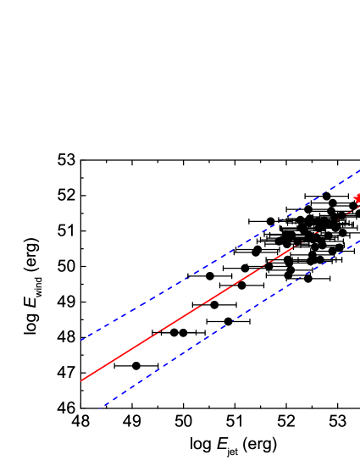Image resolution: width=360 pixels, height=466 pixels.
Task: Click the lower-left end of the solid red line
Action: coord(82,380)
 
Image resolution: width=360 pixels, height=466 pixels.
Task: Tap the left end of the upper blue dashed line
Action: coord(82,340)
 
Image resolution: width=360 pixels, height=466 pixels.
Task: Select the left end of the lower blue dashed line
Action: coord(99,408)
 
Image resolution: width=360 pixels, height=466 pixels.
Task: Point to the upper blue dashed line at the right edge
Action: coord(358,170)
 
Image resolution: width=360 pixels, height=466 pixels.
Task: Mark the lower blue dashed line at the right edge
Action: coord(358,241)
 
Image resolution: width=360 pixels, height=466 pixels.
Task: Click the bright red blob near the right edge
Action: coord(357,199)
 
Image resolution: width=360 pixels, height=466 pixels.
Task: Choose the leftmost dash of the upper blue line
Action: coord(86,338)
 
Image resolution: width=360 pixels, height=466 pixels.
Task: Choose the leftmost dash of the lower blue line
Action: coord(102,405)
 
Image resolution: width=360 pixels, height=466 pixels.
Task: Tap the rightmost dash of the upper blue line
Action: coord(355,173)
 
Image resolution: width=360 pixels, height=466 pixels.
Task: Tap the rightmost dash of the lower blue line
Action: coord(355,243)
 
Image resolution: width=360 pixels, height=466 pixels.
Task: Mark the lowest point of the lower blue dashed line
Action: coord(99,408)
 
